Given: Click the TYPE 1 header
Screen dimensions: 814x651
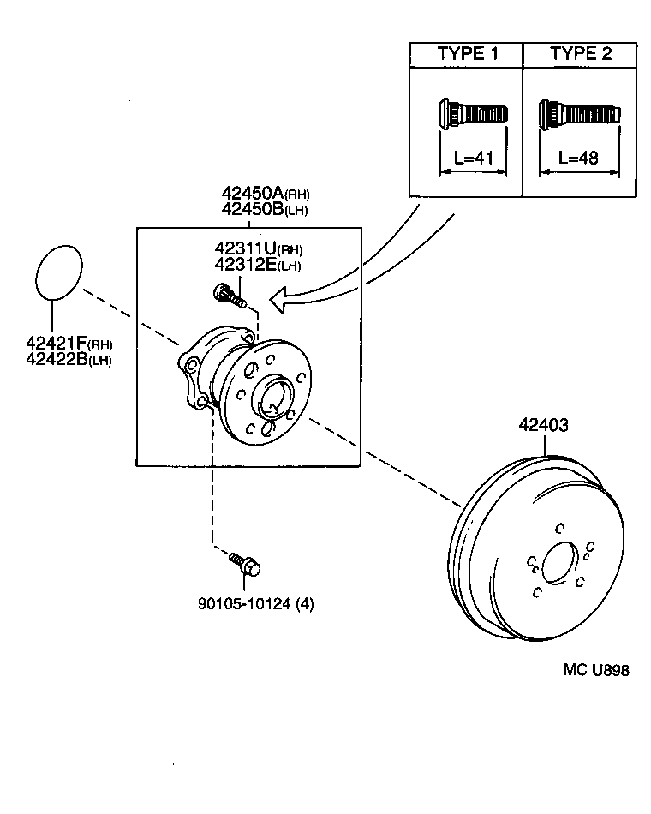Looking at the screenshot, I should tap(467, 53).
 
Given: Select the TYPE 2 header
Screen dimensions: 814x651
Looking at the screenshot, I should tap(580, 53).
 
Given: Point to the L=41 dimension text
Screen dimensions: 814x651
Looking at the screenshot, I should tap(473, 157).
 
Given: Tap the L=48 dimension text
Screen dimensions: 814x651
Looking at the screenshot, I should tap(578, 157).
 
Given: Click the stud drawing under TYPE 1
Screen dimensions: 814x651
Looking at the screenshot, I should tap(472, 113).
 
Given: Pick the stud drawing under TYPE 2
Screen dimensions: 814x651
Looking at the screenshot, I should tap(579, 113).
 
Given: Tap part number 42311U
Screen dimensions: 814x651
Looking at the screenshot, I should tap(246, 249).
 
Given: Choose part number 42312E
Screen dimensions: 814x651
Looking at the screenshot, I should tap(246, 265).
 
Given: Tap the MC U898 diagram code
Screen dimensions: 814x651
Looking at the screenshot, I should tap(595, 670).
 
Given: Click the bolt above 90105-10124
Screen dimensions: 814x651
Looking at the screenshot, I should tap(245, 564).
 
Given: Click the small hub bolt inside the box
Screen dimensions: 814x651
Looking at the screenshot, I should tap(228, 296).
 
